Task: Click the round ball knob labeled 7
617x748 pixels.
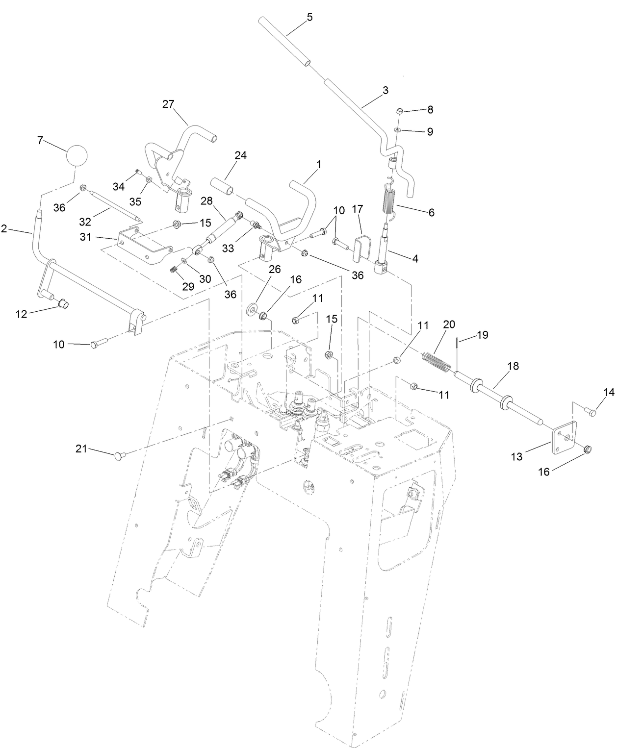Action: pos(76,156)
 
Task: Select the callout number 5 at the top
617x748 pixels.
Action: pos(309,17)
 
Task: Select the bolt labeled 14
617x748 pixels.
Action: pos(590,412)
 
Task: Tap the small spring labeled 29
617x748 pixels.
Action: pos(173,269)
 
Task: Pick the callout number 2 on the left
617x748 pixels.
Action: pos(4,229)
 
